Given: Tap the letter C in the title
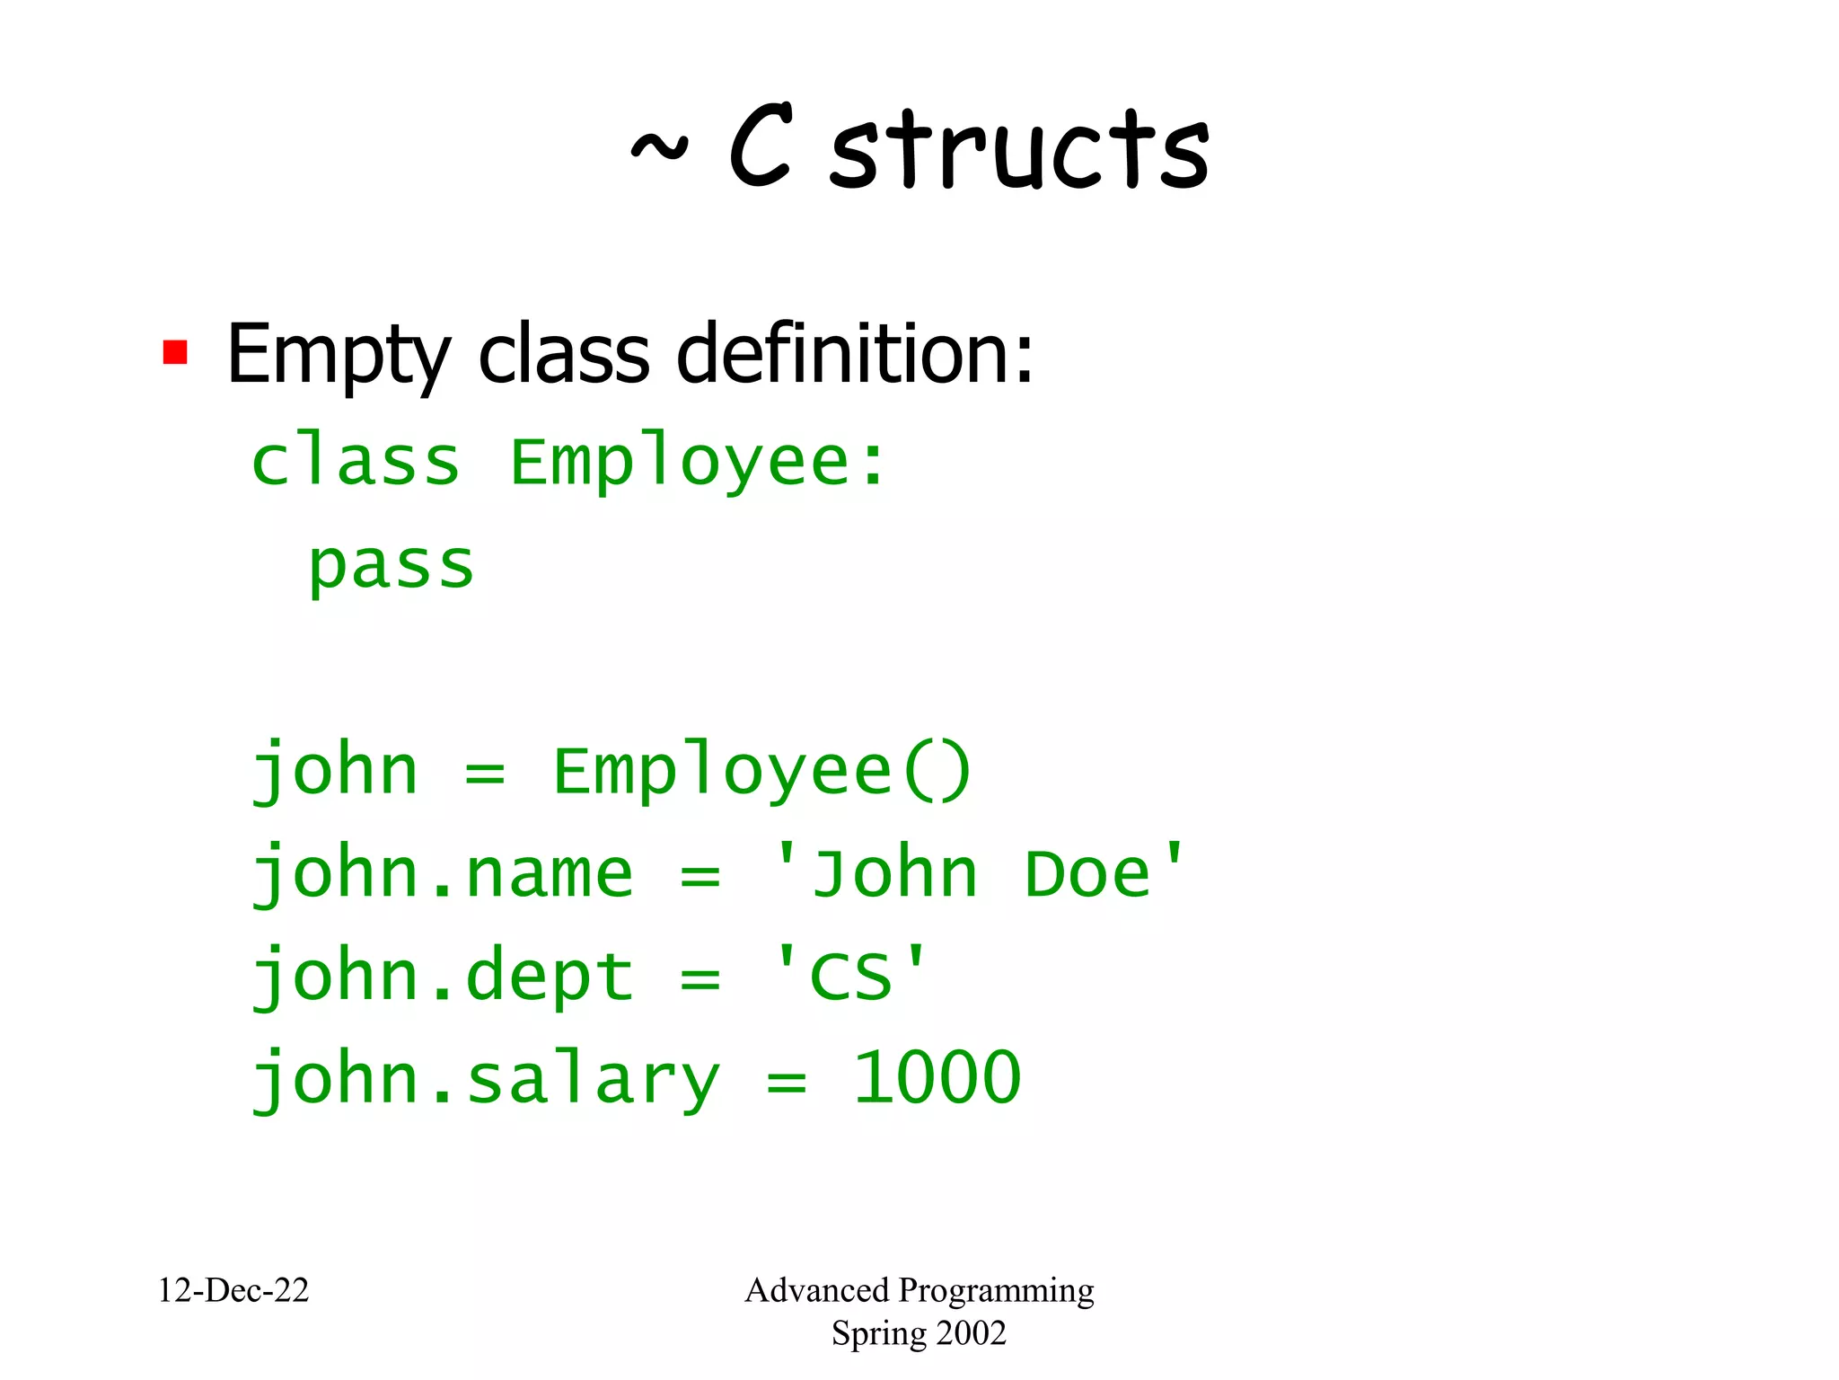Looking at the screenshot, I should point(761,146).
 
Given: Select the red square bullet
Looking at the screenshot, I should point(175,352).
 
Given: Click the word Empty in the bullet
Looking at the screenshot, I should point(338,355).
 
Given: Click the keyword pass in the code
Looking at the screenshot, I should point(392,566).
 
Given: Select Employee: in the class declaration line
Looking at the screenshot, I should point(698,463).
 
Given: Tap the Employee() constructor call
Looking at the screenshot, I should point(761,771).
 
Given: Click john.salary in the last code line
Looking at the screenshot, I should point(486,1080).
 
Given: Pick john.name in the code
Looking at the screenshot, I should point(443,874).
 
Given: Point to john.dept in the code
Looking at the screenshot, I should point(443,977).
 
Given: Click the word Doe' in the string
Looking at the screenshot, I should point(1105,873).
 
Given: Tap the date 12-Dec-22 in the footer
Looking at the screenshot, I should point(233,1290).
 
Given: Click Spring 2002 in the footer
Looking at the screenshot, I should point(919,1333).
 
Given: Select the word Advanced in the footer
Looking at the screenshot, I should point(816,1290).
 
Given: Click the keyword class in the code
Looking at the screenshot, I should point(356,463).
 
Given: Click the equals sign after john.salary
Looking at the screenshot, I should point(787,1082).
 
